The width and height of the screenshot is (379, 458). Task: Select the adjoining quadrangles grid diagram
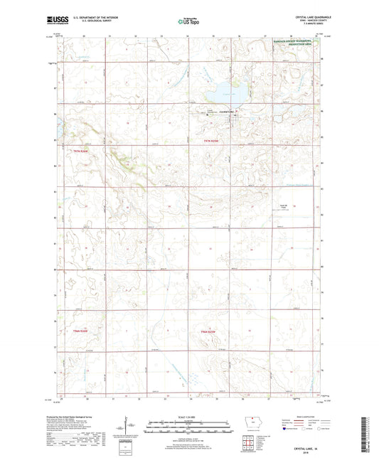pyautogui.click(x=251, y=444)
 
